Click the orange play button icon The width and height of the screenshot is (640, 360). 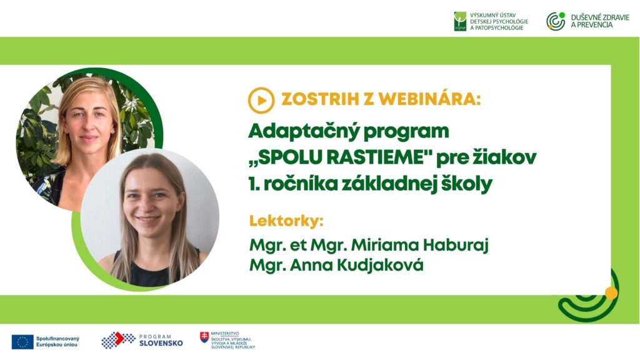tap(261, 101)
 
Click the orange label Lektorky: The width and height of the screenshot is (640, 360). tap(286, 221)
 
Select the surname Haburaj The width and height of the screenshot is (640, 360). tap(456, 245)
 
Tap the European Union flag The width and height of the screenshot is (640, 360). tap(22, 342)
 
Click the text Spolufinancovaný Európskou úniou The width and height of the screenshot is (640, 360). tap(57, 342)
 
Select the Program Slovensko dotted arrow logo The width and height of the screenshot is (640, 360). tap(118, 340)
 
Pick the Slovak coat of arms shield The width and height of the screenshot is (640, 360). tap(204, 337)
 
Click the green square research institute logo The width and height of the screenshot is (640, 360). tap(460, 21)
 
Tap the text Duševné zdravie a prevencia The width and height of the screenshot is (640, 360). tap(600, 21)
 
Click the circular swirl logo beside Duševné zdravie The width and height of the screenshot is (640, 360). tap(556, 21)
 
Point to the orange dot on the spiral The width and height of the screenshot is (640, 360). tap(611, 293)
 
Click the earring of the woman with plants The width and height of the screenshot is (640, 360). tap(113, 131)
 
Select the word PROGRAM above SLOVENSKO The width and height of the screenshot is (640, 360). tap(156, 337)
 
